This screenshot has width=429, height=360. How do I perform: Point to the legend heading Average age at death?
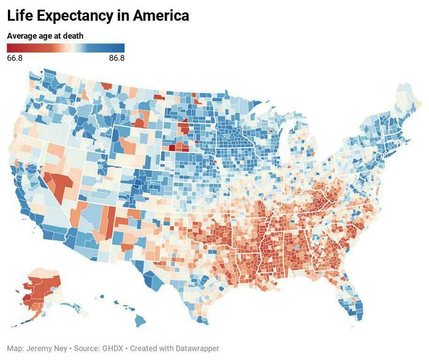click(45, 36)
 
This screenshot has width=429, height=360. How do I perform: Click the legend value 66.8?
click(15, 58)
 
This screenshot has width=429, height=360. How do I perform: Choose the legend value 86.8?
click(116, 58)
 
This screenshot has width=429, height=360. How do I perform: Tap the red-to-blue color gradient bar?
click(66, 48)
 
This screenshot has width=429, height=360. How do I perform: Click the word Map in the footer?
click(16, 348)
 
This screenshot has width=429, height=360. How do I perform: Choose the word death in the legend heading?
click(72, 36)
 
